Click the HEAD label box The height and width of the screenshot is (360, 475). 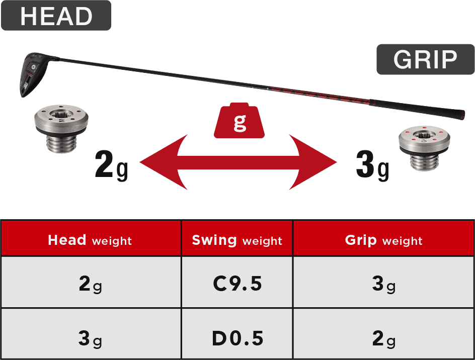pyautogui.click(x=56, y=16)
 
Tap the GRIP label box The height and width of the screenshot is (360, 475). pyautogui.click(x=425, y=59)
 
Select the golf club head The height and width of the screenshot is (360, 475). pyautogui.click(x=33, y=75)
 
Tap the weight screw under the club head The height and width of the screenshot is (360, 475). pyautogui.click(x=61, y=129)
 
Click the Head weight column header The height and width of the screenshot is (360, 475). pyautogui.click(x=90, y=240)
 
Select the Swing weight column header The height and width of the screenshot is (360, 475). pyautogui.click(x=237, y=240)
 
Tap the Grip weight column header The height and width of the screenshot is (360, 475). pyautogui.click(x=383, y=240)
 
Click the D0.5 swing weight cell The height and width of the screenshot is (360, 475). pyautogui.click(x=237, y=338)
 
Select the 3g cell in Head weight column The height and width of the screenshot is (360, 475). pyautogui.click(x=90, y=338)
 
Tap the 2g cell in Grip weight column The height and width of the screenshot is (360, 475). pyautogui.click(x=383, y=338)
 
